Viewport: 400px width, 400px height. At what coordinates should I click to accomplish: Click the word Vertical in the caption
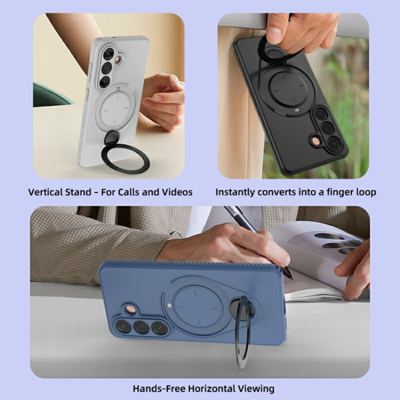pyautogui.click(x=47, y=192)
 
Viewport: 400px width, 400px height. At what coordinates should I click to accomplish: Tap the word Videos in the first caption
pyautogui.click(x=175, y=192)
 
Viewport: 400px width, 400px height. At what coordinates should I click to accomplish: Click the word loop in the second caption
pyautogui.click(x=365, y=192)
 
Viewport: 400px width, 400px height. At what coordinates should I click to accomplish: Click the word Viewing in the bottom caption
pyautogui.click(x=256, y=389)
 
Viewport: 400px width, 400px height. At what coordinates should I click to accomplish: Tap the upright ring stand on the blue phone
pyautogui.click(x=242, y=331)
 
